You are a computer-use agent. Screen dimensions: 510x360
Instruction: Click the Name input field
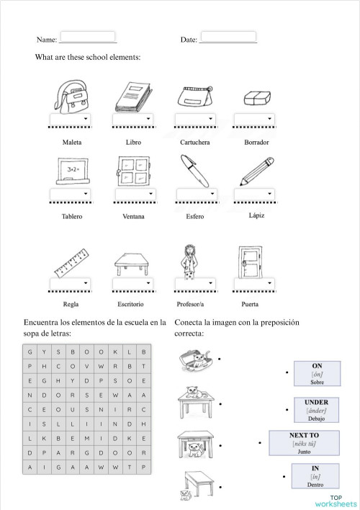tap(87, 36)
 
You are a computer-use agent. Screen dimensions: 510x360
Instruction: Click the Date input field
tap(228, 36)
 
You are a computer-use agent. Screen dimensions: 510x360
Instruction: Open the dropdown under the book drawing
tap(132, 119)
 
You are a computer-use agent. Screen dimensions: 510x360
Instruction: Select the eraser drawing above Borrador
tap(256, 98)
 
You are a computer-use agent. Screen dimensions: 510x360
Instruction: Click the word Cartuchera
tap(194, 143)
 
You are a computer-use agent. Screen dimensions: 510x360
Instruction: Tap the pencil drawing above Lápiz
tap(255, 171)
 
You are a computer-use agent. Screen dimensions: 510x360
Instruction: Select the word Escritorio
tap(132, 305)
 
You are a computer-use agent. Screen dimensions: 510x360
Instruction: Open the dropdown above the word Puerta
tap(256, 283)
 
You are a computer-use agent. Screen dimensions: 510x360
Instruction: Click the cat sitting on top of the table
tap(192, 393)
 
